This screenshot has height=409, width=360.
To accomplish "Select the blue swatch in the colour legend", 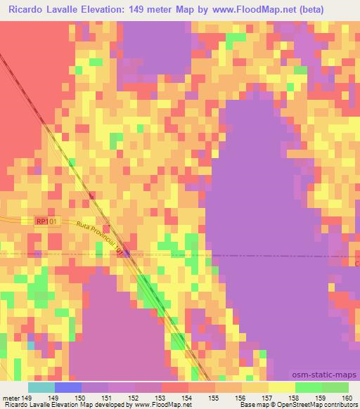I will pyautogui.click(x=68, y=387).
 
